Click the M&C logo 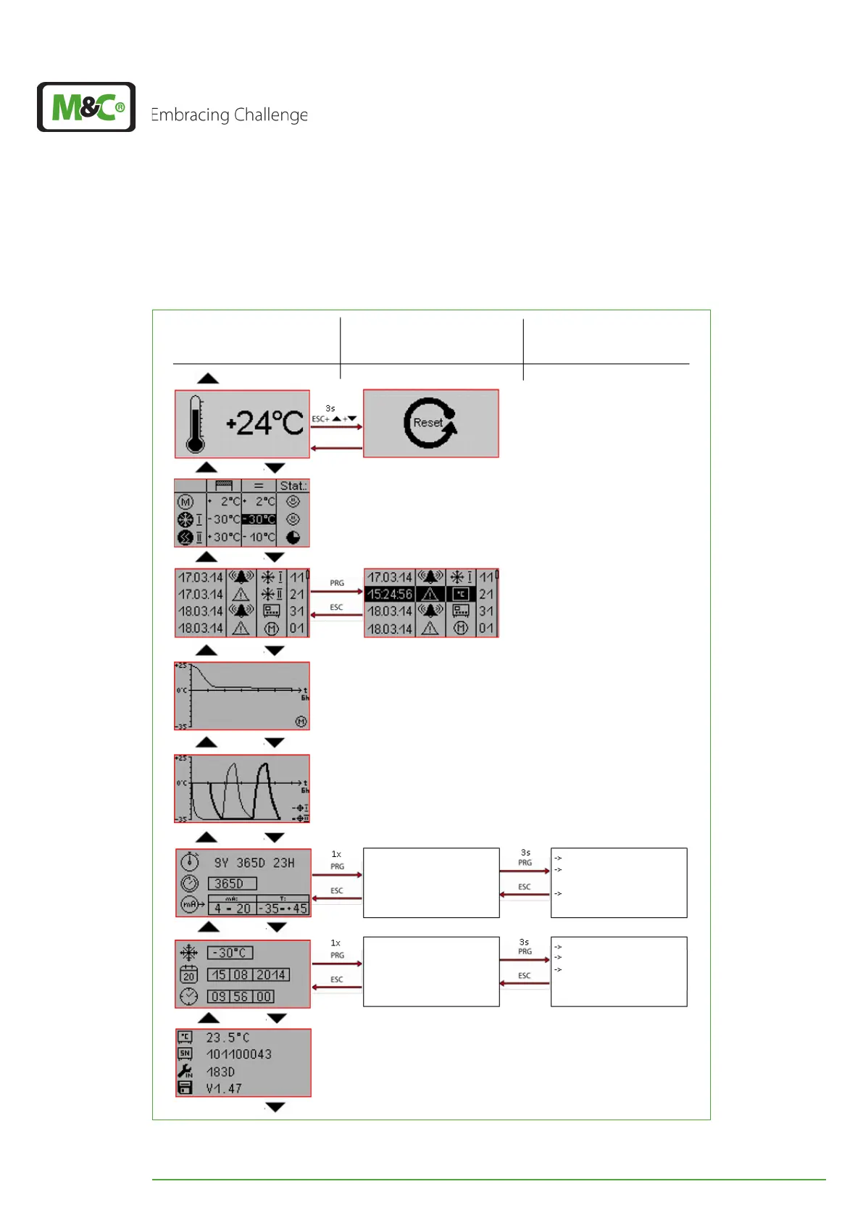coord(86,107)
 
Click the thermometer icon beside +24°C coord(195,424)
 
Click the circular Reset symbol coord(430,423)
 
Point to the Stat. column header coord(293,486)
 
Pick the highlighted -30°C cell coord(259,519)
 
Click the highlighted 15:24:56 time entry coord(389,594)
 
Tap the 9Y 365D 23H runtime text coord(254,863)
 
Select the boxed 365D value coord(231,883)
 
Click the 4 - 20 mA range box coord(232,907)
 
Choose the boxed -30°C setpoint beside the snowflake coord(230,953)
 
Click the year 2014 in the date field coord(270,974)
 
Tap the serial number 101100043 coord(238,1054)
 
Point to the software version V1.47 coord(224,1088)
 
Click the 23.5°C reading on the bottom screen coord(228,1038)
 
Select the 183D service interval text coord(220,1072)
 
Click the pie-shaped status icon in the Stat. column coord(293,537)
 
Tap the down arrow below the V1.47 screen coord(275,1107)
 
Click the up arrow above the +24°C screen coord(208,378)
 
